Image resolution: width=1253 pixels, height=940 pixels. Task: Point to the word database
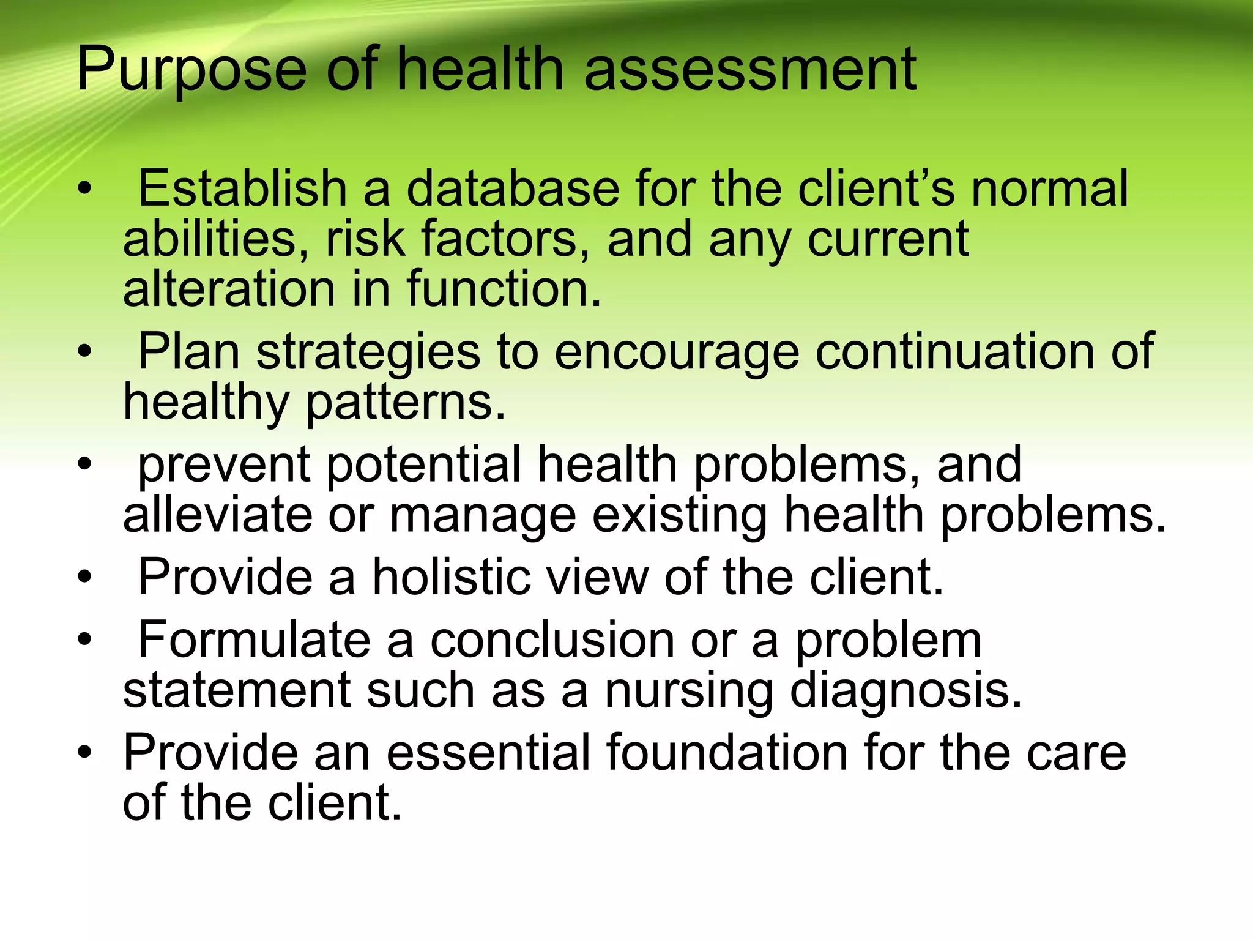pyautogui.click(x=513, y=188)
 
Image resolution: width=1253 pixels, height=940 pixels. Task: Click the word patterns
pyautogui.click(x=406, y=402)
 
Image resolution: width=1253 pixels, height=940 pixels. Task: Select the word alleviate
pyautogui.click(x=218, y=515)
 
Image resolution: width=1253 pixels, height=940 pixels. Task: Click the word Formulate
pyautogui.click(x=255, y=640)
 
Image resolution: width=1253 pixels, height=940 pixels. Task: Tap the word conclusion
pyautogui.click(x=552, y=640)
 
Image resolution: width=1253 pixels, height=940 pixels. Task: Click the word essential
pyautogui.click(x=489, y=752)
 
